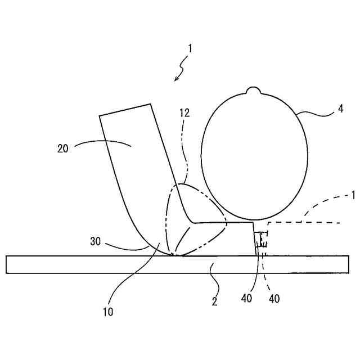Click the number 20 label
pos(62,148)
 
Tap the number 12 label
pos(184,112)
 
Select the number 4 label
pos(340,109)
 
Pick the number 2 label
pos(214,301)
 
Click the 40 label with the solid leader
pos(246,299)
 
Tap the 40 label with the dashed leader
pos(274,299)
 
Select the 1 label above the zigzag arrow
pos(190,48)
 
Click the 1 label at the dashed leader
pos(353,196)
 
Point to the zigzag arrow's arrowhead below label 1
pos(176,79)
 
